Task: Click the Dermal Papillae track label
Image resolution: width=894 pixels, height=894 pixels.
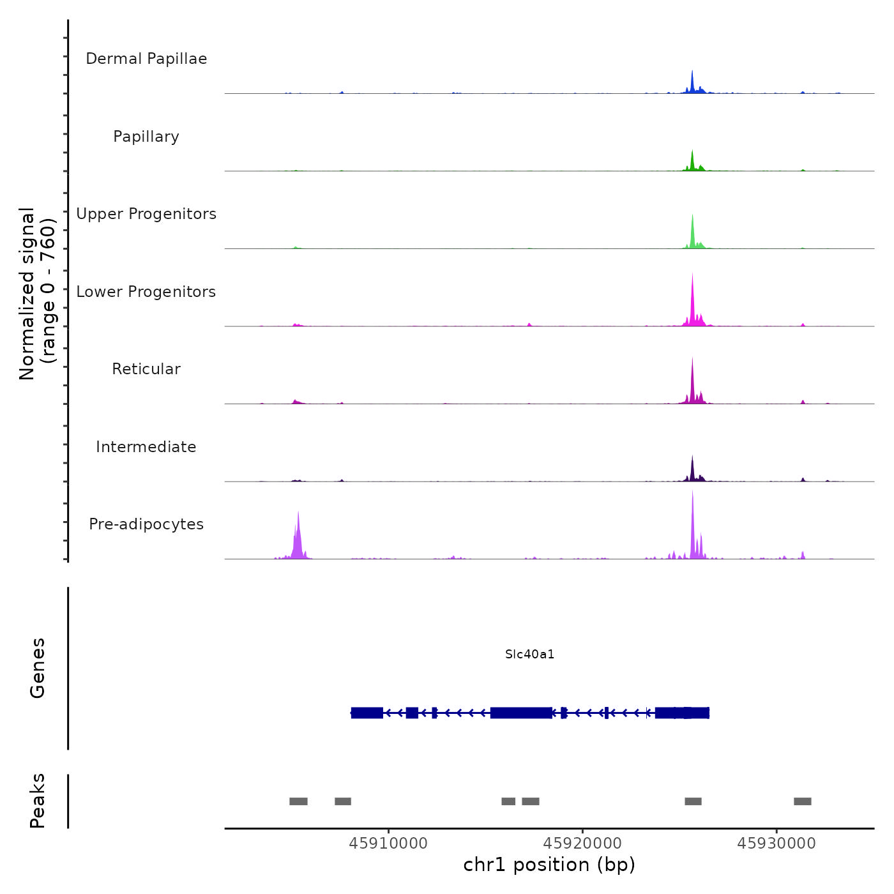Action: coord(146,59)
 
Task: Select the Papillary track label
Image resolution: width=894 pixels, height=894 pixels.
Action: coord(146,137)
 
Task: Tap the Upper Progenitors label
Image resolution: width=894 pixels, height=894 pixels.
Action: coord(146,214)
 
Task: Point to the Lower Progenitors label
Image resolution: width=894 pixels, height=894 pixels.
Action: coord(146,292)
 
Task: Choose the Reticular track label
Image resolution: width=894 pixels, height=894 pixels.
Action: coord(146,369)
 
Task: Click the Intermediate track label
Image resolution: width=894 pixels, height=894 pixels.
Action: coord(146,447)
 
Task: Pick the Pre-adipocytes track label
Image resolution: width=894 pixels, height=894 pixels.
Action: coord(146,524)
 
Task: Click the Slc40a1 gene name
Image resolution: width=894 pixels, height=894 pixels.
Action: coord(529,655)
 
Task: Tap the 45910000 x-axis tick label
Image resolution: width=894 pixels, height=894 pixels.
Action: coord(388,844)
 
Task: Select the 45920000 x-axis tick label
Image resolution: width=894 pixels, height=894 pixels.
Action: coord(582,844)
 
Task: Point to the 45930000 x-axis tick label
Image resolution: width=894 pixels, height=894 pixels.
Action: coord(777,844)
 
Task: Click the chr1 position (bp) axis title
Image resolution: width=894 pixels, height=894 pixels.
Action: coord(549,865)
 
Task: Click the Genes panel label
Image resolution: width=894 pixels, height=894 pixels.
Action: coord(38,668)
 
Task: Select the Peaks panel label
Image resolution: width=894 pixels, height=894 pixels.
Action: coord(38,801)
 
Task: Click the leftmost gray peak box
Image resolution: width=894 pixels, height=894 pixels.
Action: coord(298,801)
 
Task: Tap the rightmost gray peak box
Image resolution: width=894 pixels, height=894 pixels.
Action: coord(803,801)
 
